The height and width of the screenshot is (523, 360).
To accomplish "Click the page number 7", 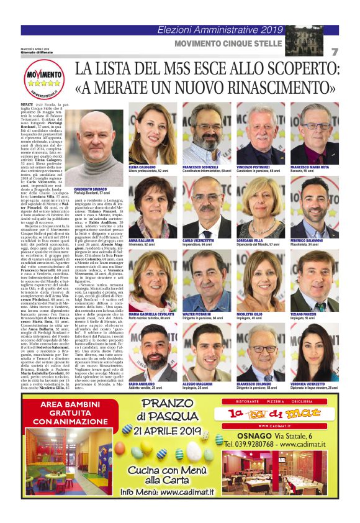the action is (x=334, y=52).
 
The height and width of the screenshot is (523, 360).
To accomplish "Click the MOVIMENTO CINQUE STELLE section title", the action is (x=228, y=43).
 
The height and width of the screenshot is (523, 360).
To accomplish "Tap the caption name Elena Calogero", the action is (x=142, y=167).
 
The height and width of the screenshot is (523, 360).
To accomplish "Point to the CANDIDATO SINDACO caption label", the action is (x=91, y=189).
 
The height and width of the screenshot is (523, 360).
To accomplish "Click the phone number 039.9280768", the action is (x=260, y=443).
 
